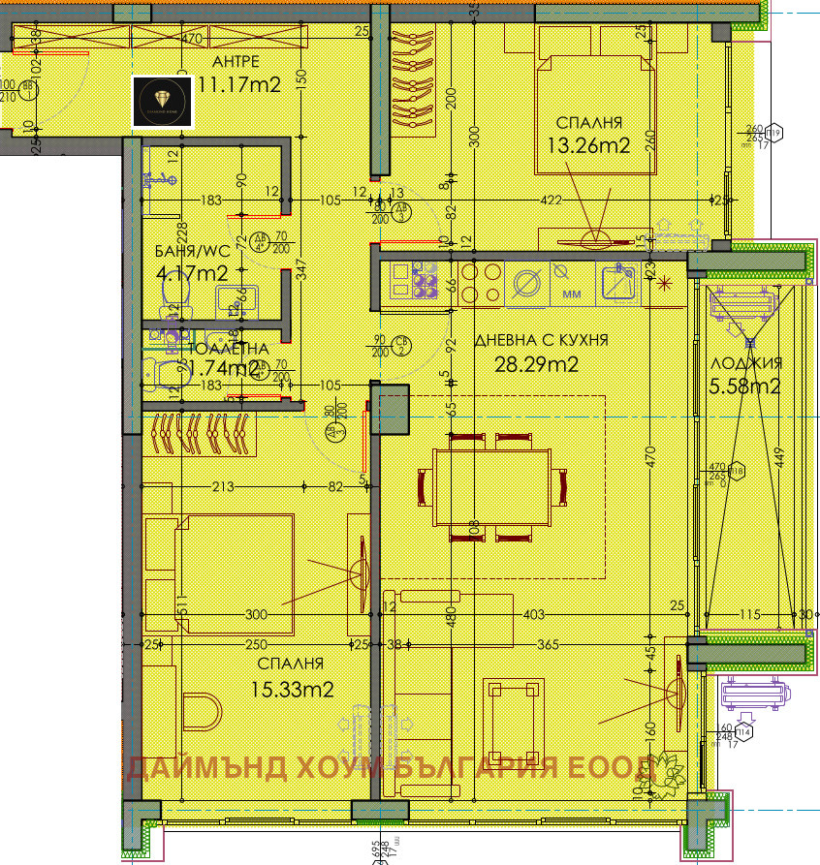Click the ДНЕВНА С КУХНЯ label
541,340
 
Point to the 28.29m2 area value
538,364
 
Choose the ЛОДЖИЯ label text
746,363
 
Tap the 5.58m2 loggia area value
746,386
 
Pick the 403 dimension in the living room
534,613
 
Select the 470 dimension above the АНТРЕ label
191,41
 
